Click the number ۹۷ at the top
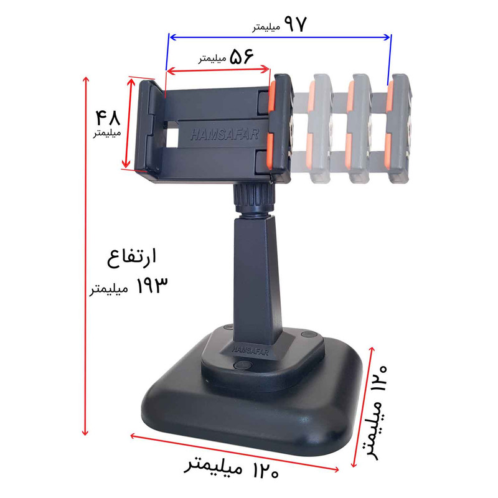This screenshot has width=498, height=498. point(295,24)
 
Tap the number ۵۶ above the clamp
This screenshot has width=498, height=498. point(242,57)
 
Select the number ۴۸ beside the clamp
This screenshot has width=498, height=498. point(108,118)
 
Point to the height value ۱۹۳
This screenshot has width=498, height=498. point(152,285)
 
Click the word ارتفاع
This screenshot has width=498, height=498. point(131,258)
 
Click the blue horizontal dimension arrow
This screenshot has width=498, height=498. point(280,37)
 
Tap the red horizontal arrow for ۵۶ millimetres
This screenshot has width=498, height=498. point(218,70)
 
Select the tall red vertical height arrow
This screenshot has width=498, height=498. point(85,256)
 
